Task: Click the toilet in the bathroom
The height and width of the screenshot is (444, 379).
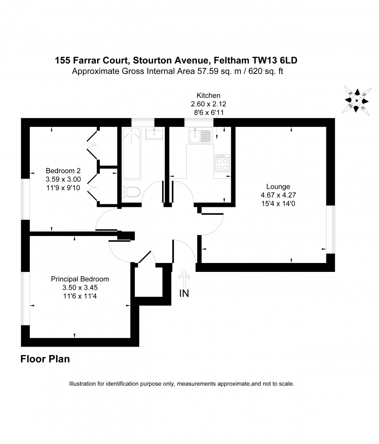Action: click(x=130, y=191)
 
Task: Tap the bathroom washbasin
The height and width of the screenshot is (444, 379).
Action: click(x=154, y=134)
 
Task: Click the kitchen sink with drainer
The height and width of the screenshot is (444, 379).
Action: click(x=200, y=136)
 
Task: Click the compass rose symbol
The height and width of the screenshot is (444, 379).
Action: click(x=357, y=100)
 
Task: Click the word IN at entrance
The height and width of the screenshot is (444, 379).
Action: click(x=184, y=294)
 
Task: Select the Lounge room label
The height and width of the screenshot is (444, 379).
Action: click(x=275, y=186)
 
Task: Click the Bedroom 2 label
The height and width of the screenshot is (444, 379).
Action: click(x=63, y=171)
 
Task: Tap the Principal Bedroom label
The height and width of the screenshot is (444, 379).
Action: click(x=80, y=279)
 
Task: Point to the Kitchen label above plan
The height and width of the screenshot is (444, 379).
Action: click(x=208, y=95)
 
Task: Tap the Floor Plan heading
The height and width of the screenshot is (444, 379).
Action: click(x=45, y=359)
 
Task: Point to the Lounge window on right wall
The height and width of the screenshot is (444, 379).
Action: click(x=331, y=229)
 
